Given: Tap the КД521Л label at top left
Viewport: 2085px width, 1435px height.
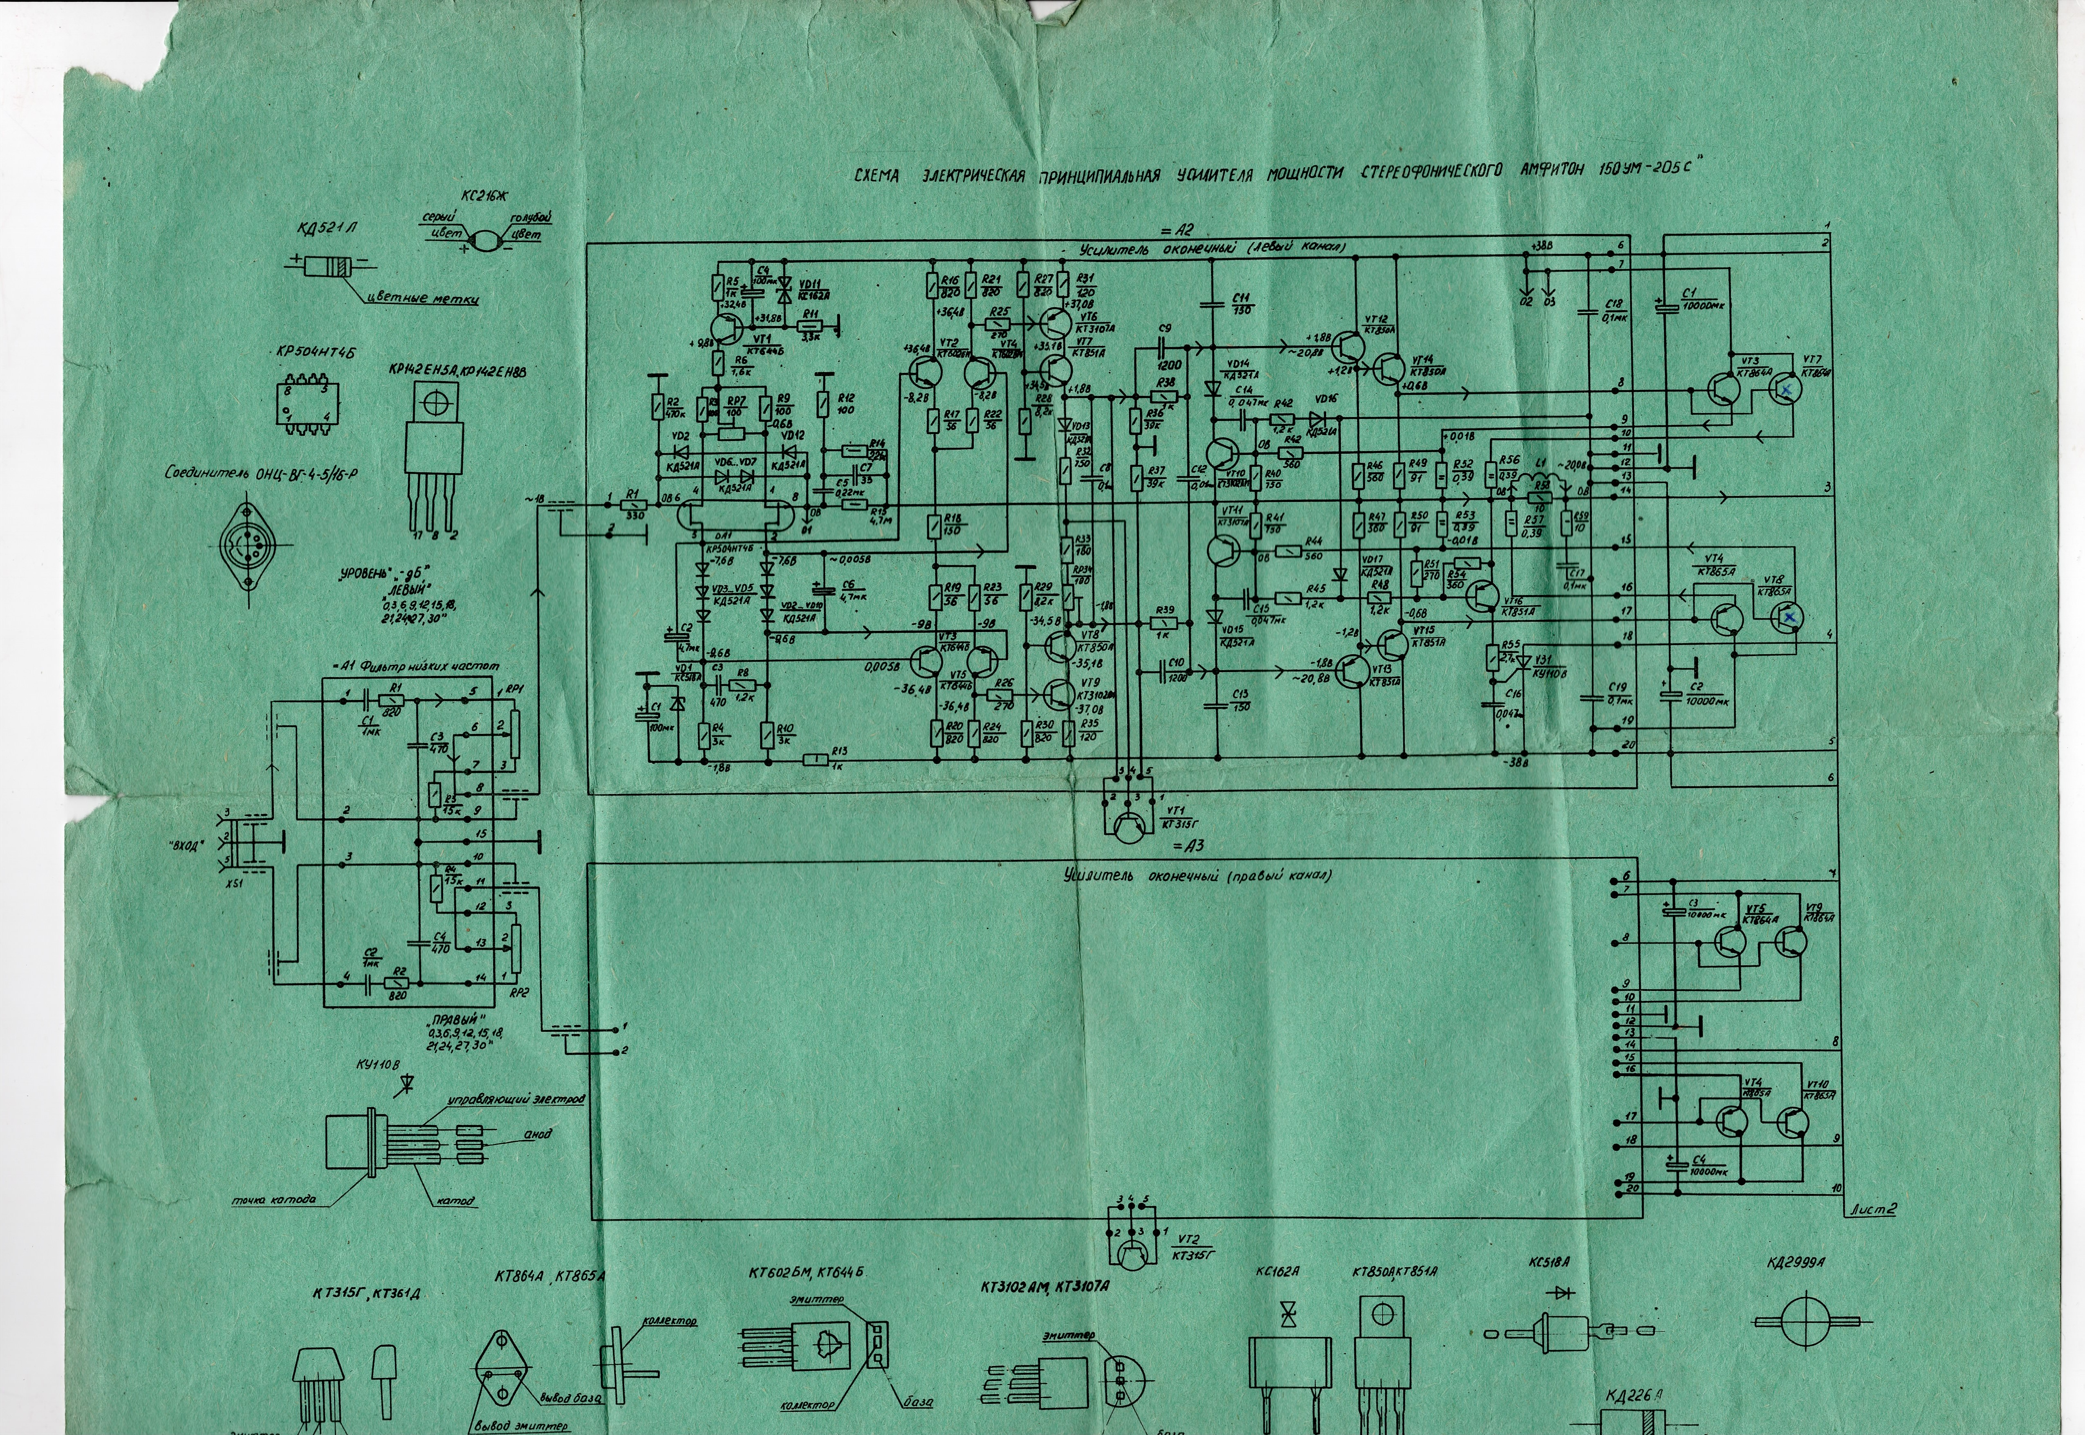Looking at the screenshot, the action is tap(326, 229).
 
